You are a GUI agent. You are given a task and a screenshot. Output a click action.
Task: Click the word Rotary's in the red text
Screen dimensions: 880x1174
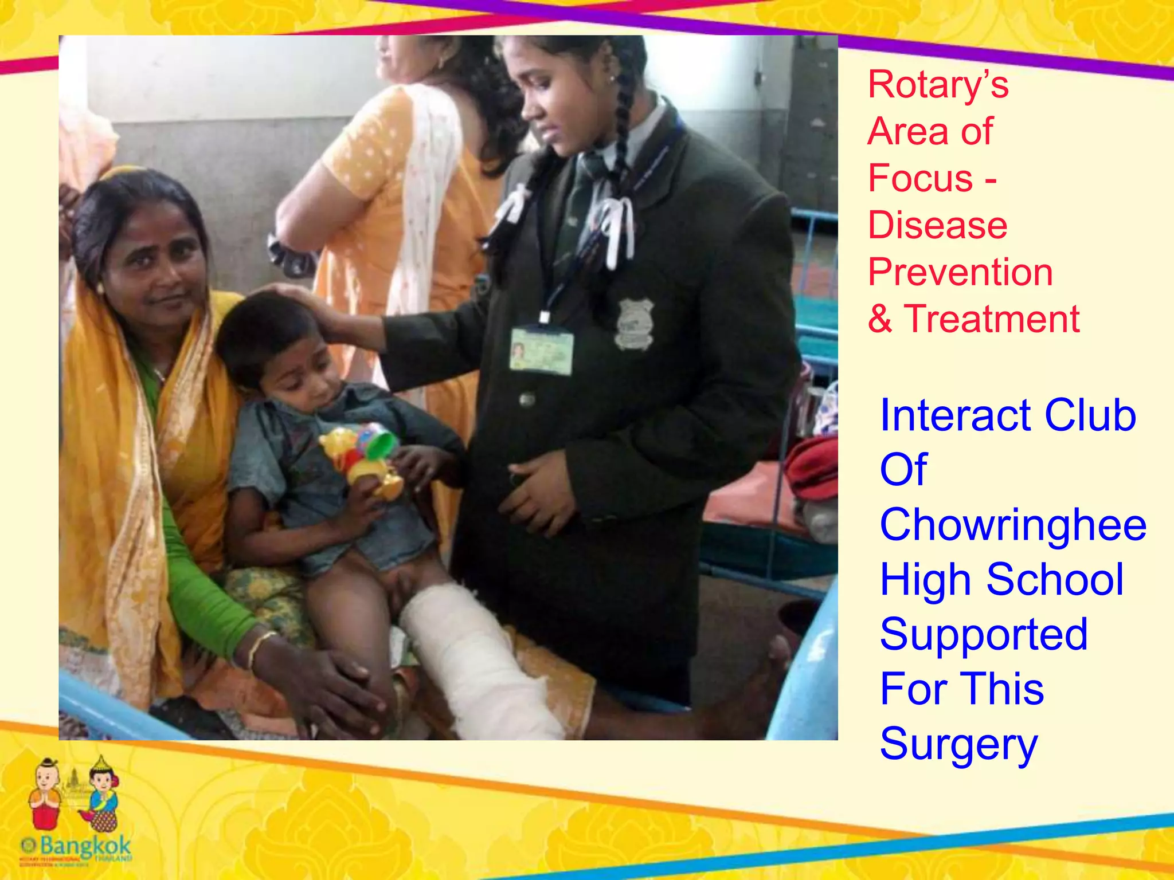pos(938,85)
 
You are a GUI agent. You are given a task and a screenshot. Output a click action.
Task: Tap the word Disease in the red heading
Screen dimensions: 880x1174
pos(937,225)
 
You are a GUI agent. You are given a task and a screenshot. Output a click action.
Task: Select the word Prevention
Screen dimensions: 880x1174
pos(960,272)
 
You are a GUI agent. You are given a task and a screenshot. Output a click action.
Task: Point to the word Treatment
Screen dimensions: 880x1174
pos(992,319)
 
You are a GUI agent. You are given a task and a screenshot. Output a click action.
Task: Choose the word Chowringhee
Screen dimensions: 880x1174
pos(1013,525)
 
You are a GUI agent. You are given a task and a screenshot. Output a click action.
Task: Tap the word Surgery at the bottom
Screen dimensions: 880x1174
pos(958,744)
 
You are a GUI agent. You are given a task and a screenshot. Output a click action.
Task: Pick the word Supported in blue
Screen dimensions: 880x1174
pos(984,634)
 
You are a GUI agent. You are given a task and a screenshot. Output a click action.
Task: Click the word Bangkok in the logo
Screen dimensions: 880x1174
pos(86,845)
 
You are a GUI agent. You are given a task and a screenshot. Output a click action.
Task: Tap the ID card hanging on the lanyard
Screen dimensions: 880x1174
pos(541,349)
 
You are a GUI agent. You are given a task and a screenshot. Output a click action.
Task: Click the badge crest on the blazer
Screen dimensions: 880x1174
pos(635,324)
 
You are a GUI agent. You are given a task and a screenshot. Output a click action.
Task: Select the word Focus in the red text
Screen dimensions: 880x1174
pos(920,178)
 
